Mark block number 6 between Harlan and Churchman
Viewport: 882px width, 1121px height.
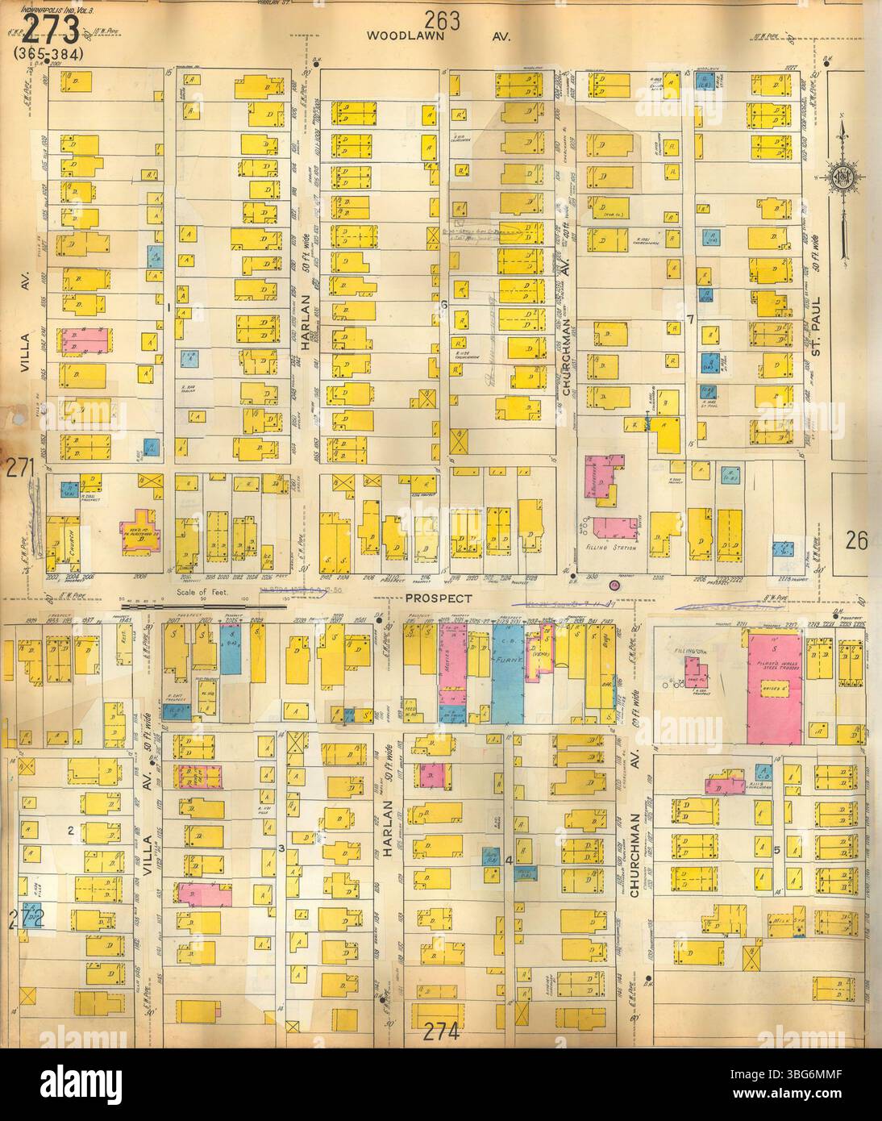[x=443, y=304]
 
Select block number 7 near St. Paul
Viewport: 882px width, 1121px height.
[x=690, y=320]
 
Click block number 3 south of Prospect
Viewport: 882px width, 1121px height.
[x=281, y=848]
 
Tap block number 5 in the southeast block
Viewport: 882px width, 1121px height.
[x=776, y=850]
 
